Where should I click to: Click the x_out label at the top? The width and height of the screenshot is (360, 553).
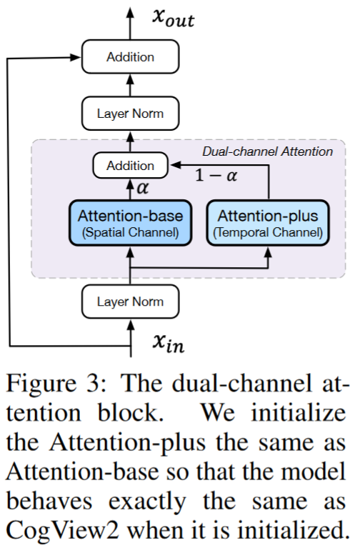[172, 19]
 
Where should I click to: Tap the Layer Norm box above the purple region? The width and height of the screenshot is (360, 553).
[130, 114]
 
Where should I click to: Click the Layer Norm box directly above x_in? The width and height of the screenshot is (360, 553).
[130, 302]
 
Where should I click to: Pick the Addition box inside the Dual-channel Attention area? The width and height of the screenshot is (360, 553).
[130, 166]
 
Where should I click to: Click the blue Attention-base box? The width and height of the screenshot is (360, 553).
[130, 223]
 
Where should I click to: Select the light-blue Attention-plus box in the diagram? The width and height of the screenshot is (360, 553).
[269, 223]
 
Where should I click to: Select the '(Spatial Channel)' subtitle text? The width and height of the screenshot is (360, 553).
[130, 232]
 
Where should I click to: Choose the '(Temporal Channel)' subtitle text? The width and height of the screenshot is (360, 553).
[269, 232]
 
